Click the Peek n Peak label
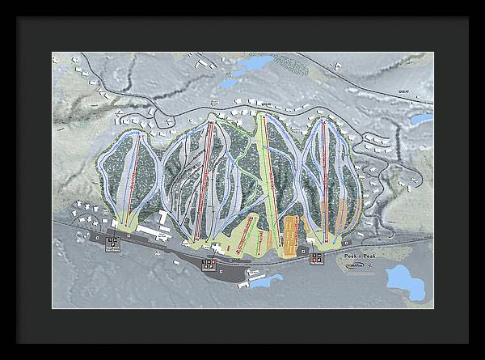(x=359, y=256)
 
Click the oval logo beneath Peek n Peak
(x=352, y=264)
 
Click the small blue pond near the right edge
(x=420, y=119)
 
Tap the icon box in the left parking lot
(x=113, y=241)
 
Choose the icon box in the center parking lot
(x=209, y=265)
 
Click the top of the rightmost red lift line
(x=324, y=121)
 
